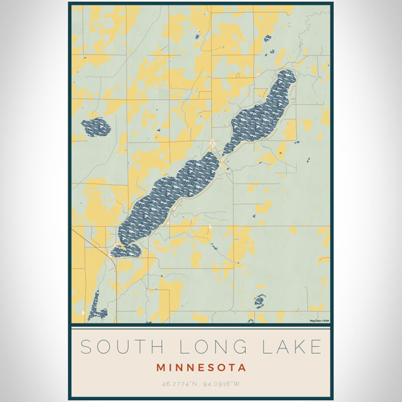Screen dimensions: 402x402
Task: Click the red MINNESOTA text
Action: (x=201, y=367)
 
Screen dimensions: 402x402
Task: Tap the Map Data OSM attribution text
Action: (x=319, y=321)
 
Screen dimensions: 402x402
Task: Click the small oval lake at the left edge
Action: (x=96, y=127)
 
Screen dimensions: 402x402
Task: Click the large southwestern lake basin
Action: (x=167, y=198)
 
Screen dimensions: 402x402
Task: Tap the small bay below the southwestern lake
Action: (x=126, y=251)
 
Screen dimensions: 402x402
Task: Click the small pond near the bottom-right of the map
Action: (x=260, y=301)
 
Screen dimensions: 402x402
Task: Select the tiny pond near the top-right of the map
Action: (x=267, y=38)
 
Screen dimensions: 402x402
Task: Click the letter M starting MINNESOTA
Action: (x=161, y=367)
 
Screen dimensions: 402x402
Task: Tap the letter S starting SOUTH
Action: (x=86, y=347)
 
